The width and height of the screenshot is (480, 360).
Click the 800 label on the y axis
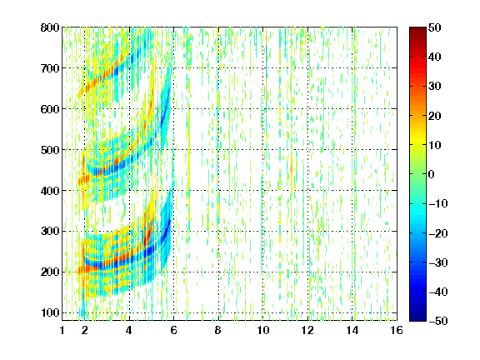click(50, 27)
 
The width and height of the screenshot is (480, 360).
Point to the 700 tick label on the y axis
click(50, 68)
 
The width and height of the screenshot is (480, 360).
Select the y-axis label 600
click(50, 109)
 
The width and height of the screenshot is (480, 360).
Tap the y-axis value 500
click(50, 150)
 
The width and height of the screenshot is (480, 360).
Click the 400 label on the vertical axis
click(50, 191)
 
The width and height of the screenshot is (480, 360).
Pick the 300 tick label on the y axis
click(50, 232)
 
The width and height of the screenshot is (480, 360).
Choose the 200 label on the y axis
click(50, 272)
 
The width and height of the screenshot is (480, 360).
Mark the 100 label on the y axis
click(50, 312)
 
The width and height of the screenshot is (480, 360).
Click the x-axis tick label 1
click(62, 330)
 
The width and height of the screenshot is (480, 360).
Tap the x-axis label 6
click(174, 330)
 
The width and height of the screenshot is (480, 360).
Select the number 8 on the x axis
click(218, 330)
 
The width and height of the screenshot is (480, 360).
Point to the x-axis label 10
click(263, 330)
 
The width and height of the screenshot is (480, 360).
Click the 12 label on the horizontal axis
click(307, 330)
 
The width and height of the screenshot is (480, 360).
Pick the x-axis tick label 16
click(397, 330)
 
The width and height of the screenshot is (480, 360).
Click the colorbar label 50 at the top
click(435, 27)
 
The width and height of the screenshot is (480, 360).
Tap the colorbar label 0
click(432, 174)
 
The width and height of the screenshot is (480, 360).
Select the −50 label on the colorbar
click(438, 321)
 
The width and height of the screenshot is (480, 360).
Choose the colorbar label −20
click(438, 233)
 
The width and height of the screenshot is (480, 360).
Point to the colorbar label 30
click(435, 87)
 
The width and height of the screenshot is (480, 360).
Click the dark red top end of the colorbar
click(417, 29)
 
